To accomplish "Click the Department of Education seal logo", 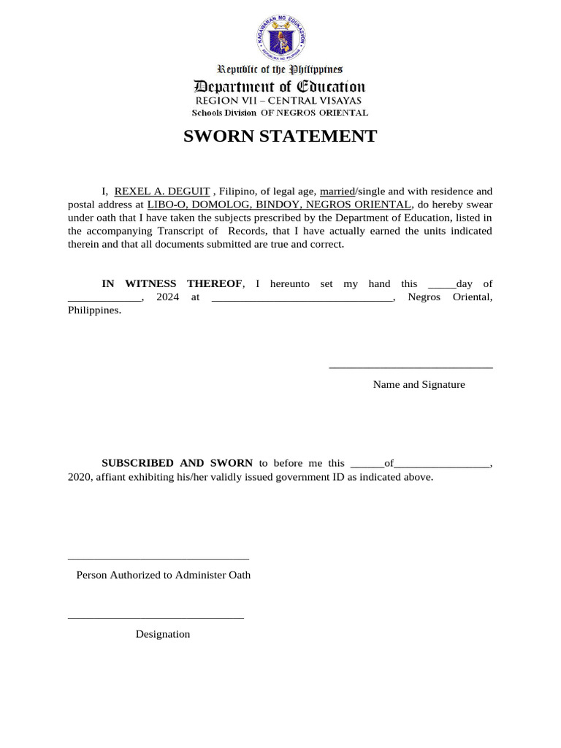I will click(x=280, y=37).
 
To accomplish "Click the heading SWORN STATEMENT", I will click(x=280, y=137).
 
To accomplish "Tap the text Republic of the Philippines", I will click(x=280, y=69).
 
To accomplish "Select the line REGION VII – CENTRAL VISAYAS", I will click(x=278, y=101).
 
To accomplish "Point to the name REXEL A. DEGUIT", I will click(x=162, y=191).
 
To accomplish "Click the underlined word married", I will click(x=337, y=191).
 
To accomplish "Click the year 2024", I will click(x=168, y=297).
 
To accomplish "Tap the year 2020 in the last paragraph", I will click(x=70, y=477).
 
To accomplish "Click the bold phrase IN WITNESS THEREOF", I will click(x=172, y=283).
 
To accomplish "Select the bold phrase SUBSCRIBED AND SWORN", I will click(x=177, y=463).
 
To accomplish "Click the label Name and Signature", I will click(x=419, y=384).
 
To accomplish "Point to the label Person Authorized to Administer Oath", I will click(x=164, y=575).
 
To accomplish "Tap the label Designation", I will click(x=162, y=634).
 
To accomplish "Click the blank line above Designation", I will click(x=156, y=618).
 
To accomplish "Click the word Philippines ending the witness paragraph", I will click(x=94, y=310).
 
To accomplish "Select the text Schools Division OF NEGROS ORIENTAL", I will click(x=280, y=113).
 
